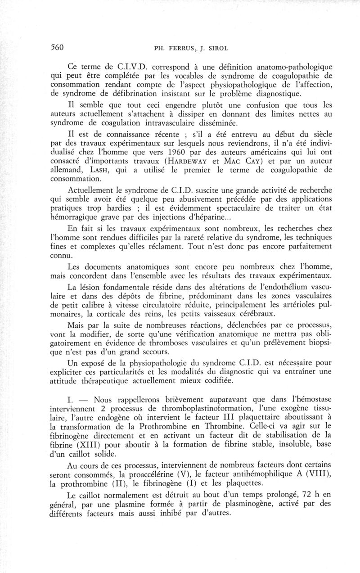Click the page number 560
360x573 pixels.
coord(56,47)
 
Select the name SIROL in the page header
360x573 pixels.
coord(216,48)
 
